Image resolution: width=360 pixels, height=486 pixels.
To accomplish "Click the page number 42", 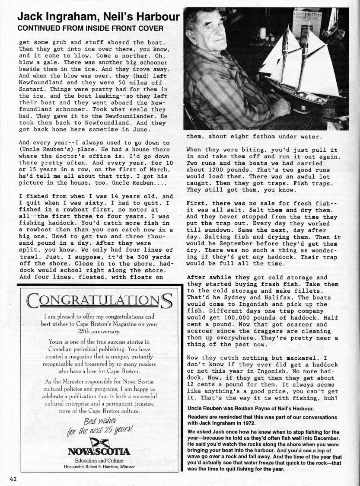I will click(x=11, y=478).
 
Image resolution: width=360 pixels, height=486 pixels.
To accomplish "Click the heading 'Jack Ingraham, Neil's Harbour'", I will click(x=99, y=17).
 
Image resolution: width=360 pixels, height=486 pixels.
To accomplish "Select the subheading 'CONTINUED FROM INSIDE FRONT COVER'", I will click(x=90, y=29).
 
